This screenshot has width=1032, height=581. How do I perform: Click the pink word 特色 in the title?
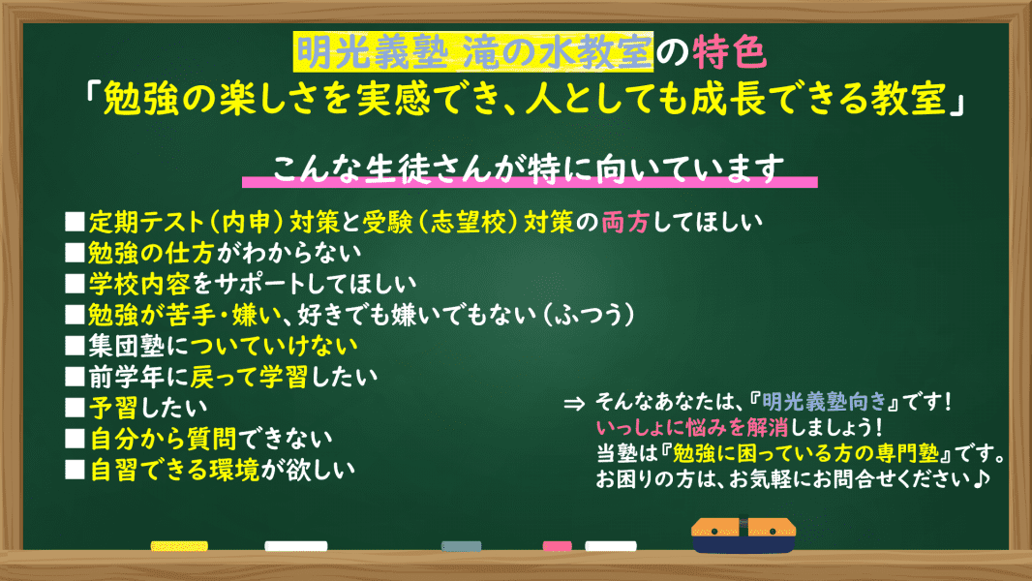(729, 52)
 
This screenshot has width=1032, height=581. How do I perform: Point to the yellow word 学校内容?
(139, 284)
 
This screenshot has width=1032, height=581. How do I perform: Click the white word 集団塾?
(127, 346)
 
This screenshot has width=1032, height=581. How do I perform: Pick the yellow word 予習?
(113, 408)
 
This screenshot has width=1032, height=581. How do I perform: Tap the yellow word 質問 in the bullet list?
(212, 439)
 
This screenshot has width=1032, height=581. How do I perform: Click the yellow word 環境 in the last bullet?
(234, 470)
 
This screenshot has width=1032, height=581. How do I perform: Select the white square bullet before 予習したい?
(76, 408)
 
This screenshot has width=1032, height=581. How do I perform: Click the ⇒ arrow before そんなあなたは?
(575, 404)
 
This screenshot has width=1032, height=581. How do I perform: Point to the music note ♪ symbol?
(982, 478)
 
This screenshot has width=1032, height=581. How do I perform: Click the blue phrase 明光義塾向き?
(824, 401)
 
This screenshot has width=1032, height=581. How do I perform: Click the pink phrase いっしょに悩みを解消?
(692, 428)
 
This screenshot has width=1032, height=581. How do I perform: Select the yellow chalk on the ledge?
(179, 546)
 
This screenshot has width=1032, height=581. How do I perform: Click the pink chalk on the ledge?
(557, 546)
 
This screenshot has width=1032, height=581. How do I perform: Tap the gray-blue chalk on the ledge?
(462, 546)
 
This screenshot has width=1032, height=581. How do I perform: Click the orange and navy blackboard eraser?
(744, 535)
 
